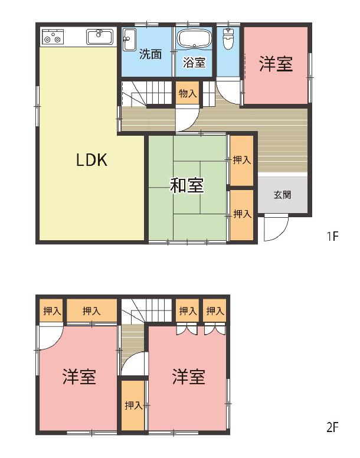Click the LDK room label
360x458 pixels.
(91, 160)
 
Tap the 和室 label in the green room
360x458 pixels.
(187, 185)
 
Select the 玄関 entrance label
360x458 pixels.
(282, 195)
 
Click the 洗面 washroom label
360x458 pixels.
(150, 54)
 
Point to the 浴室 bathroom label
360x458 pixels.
(194, 63)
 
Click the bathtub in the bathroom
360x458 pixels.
(194, 38)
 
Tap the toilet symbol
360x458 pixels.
(227, 39)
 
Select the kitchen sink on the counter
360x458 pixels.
(100, 37)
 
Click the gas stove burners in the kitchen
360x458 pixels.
(53, 37)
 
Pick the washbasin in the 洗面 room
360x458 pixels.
(129, 40)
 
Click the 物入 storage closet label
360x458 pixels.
(188, 94)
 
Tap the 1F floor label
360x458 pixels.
(332, 235)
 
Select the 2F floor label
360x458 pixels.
(332, 427)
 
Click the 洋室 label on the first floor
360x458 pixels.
(276, 64)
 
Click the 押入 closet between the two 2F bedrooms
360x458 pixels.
(133, 405)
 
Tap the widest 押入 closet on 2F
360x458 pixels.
(91, 310)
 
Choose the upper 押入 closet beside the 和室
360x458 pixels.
(241, 160)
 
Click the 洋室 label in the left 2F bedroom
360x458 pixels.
(79, 377)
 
